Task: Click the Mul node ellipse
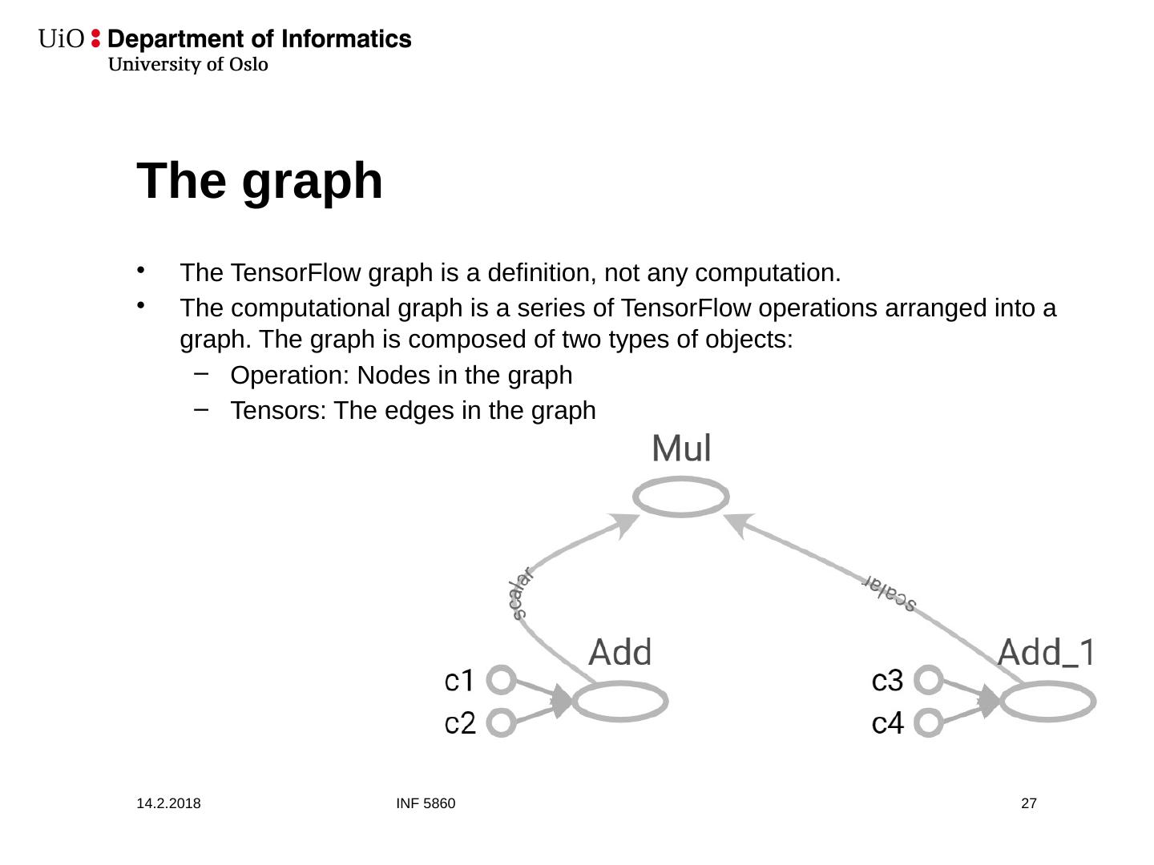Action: tap(681, 497)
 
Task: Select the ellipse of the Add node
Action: tap(619, 702)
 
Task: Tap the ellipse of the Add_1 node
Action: tap(1047, 702)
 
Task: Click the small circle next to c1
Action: tap(501, 681)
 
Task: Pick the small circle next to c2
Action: tap(501, 722)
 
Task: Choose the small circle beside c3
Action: tap(928, 681)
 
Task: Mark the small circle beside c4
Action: tap(928, 722)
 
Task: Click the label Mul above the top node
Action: tap(681, 449)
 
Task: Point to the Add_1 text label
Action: tap(1046, 653)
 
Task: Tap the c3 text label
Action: tap(887, 681)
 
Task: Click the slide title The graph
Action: tap(260, 181)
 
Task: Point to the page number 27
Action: tap(1029, 803)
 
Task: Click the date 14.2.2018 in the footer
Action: tap(168, 803)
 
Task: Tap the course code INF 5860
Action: tap(426, 803)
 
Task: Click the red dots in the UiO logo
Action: tap(96, 38)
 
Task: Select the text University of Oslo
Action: tap(188, 65)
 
